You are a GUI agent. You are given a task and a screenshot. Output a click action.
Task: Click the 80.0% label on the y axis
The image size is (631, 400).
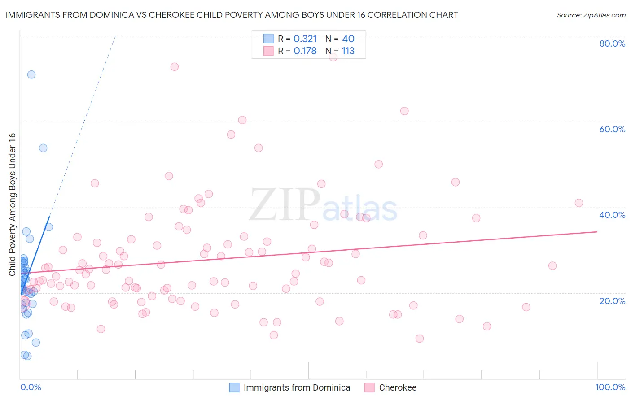[x=612, y=43]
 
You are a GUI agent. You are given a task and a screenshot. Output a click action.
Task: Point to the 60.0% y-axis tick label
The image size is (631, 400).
[x=612, y=129]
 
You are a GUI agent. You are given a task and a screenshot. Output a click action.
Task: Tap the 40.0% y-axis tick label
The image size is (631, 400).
[x=612, y=215]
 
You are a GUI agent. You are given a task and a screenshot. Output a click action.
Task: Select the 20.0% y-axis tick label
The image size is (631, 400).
[x=612, y=300]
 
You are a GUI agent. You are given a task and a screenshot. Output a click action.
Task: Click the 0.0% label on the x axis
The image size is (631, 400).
[x=31, y=387]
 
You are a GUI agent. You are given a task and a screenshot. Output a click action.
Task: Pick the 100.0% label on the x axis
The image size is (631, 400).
[x=610, y=387]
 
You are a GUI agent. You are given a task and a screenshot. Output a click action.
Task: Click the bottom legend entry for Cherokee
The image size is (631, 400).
[x=398, y=387]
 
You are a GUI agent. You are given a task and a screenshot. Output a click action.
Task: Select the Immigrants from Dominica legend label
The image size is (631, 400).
[x=297, y=387]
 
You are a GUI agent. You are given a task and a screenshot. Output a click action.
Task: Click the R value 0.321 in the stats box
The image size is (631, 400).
[x=305, y=39]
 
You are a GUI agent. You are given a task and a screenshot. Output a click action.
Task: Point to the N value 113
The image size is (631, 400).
[x=348, y=51]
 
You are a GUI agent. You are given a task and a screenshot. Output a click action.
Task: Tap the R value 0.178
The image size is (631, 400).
[x=305, y=51]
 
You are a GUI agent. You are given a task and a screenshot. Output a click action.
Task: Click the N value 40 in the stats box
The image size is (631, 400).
[x=348, y=39]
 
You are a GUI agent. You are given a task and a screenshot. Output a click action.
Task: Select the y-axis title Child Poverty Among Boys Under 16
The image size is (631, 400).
[x=12, y=204]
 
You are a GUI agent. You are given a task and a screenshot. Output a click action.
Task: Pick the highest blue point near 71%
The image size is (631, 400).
[x=31, y=74]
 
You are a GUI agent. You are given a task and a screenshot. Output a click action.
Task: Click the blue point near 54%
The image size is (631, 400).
[x=43, y=148]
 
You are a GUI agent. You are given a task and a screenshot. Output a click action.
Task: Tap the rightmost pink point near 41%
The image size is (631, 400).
[x=579, y=203]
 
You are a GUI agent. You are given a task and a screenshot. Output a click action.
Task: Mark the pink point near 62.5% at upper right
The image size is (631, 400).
[x=404, y=111]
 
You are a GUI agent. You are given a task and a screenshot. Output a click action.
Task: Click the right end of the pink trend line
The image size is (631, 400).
[x=597, y=232]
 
